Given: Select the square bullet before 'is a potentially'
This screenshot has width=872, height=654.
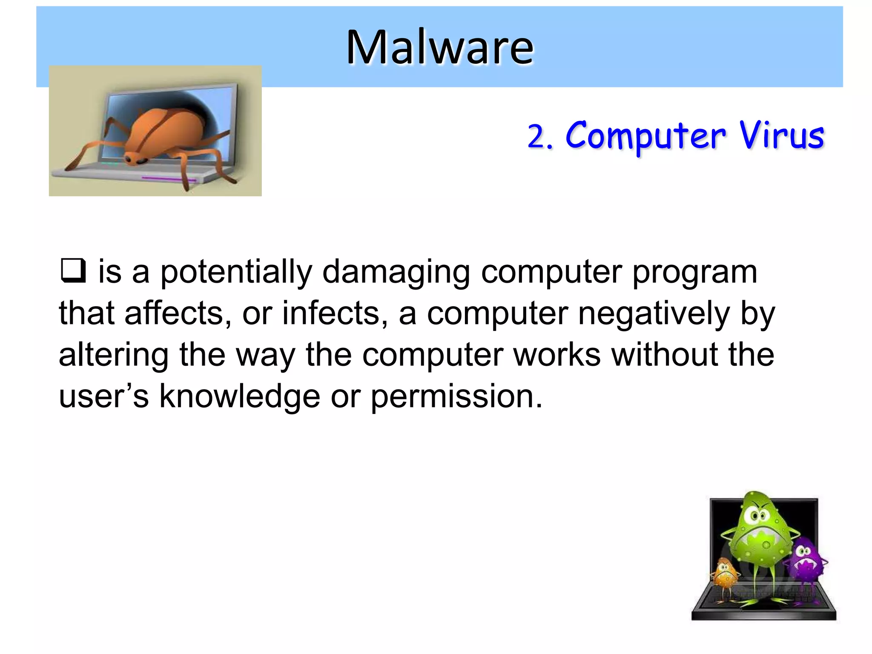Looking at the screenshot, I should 73,271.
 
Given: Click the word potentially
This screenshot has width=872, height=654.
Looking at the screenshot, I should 236,272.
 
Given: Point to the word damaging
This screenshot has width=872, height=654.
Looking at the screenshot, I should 396,272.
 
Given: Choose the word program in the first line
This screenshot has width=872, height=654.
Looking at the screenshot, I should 695,272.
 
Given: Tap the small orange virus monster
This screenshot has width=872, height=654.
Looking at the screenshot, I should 725,577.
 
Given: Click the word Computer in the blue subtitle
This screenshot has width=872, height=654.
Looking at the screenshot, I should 645,136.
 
